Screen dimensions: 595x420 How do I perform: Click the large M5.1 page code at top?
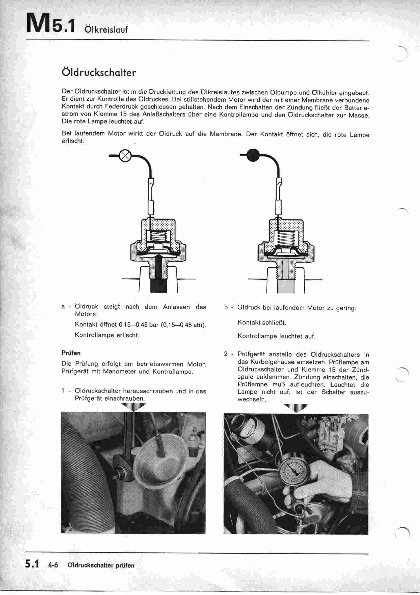[x=51, y=24]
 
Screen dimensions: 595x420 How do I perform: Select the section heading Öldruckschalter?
[x=99, y=73]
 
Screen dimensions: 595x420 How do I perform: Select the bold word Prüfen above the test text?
[x=71, y=353]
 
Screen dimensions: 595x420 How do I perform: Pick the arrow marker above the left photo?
[x=133, y=407]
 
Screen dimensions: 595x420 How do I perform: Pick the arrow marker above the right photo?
[x=296, y=408]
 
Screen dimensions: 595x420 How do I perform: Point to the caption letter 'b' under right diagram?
[x=226, y=308]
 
